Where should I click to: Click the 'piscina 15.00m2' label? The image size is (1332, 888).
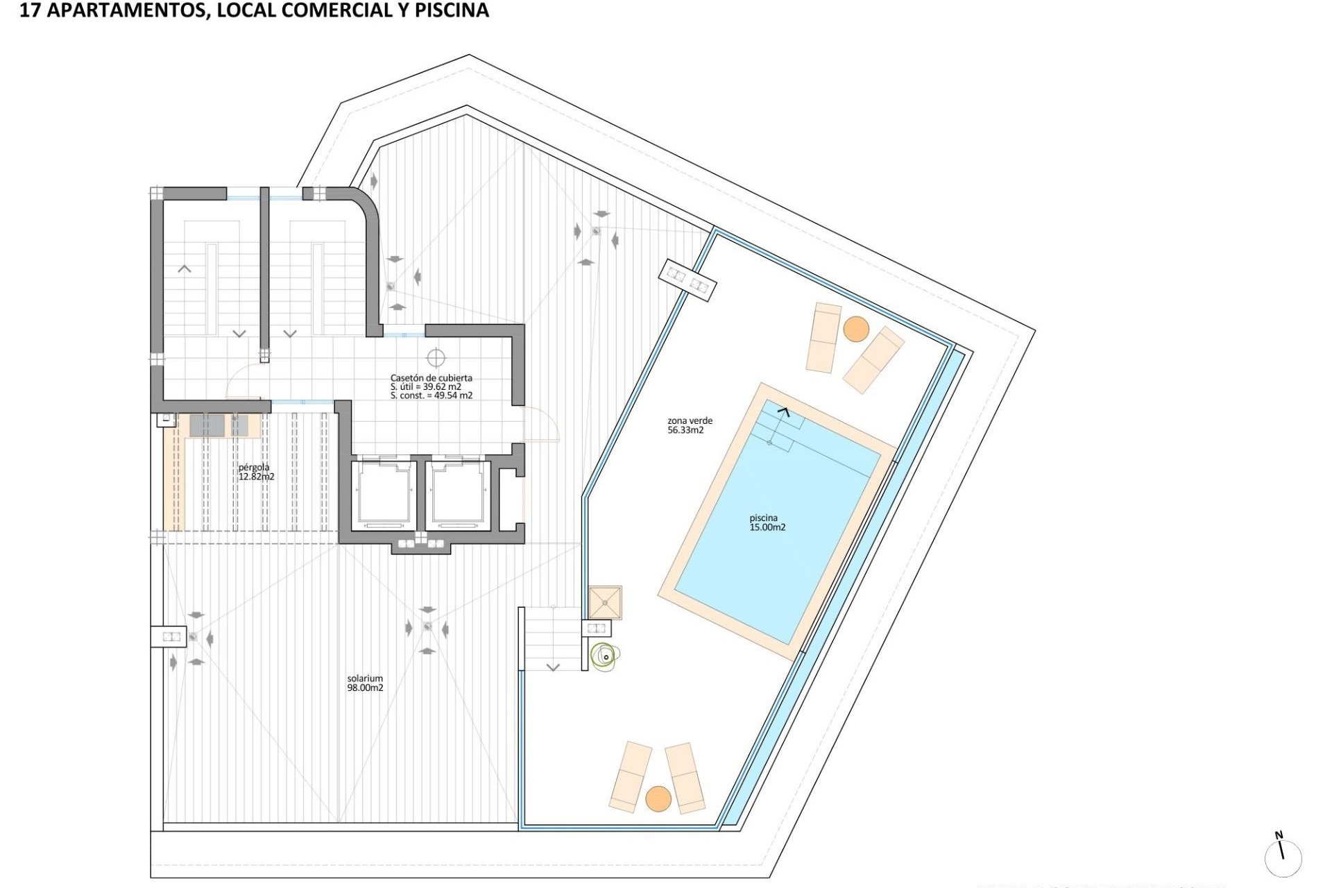coord(767,522)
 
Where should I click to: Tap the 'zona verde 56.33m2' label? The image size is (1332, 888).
coord(690,425)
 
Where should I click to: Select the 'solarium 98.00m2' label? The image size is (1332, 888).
coord(365,683)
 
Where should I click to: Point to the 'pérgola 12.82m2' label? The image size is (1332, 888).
coord(256,472)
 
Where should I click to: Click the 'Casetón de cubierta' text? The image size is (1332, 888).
coord(431,378)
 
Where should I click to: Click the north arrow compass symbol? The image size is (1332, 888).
coord(1282,855)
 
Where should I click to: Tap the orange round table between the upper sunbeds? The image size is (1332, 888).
coord(856,329)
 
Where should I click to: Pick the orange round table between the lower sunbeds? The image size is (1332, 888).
coord(658,799)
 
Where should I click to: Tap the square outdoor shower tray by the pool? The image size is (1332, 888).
coord(605,602)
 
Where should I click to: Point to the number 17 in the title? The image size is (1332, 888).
coord(29,10)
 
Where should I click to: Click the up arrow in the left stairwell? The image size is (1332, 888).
coord(185,268)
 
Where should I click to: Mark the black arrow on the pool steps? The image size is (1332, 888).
coord(783,412)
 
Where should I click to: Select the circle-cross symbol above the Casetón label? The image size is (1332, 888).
coord(436,358)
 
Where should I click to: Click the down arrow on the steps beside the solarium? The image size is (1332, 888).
coord(553,667)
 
